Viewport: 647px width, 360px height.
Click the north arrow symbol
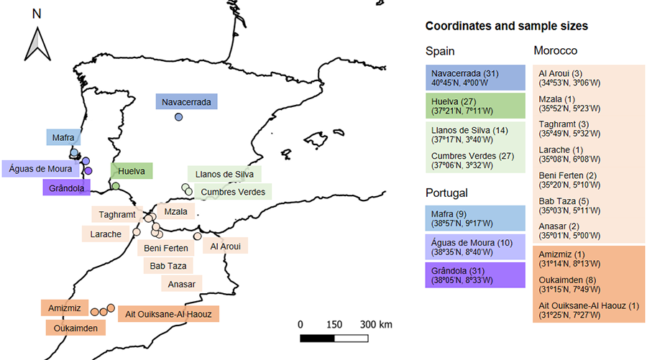pyautogui.click(x=37, y=43)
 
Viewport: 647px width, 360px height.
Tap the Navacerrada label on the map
pyautogui.click(x=186, y=102)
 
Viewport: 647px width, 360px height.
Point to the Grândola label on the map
pyautogui.click(x=67, y=188)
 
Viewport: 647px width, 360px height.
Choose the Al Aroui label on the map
pyautogui.click(x=224, y=246)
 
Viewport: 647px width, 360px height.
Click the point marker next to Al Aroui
pyautogui.click(x=198, y=236)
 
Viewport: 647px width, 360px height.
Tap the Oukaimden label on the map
pyautogui.click(x=75, y=328)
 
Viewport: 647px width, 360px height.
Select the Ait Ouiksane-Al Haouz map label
pyautogui.click(x=168, y=314)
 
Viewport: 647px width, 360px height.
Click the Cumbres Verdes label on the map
pyautogui.click(x=233, y=192)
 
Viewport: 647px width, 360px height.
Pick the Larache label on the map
pyautogui.click(x=106, y=234)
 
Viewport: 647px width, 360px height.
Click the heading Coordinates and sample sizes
pyautogui.click(x=507, y=26)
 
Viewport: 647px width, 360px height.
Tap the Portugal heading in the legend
pyautogui.click(x=447, y=193)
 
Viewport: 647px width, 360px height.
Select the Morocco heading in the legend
pyautogui.click(x=556, y=51)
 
